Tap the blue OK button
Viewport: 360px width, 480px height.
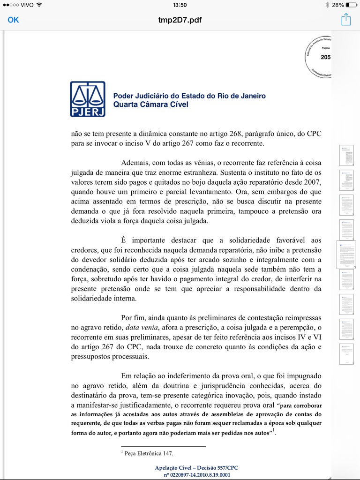click(13, 20)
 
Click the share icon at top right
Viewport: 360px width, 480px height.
click(346, 20)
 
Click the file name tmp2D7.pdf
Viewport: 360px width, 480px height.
click(180, 20)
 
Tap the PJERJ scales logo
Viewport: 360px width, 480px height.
click(88, 99)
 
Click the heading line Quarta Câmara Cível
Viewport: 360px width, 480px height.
click(150, 104)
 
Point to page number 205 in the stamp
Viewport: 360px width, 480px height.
click(326, 57)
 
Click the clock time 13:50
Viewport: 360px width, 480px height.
click(180, 5)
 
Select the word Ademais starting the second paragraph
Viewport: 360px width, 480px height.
click(136, 162)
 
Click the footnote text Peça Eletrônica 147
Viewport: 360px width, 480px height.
click(149, 453)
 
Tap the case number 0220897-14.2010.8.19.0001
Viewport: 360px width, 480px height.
click(197, 475)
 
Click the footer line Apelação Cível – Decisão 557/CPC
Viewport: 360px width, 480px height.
click(197, 468)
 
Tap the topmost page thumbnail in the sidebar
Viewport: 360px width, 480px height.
click(346, 155)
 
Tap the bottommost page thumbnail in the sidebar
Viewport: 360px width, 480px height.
click(346, 354)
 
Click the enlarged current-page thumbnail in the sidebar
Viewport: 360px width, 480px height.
click(346, 255)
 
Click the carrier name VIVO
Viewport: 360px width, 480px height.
click(27, 5)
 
